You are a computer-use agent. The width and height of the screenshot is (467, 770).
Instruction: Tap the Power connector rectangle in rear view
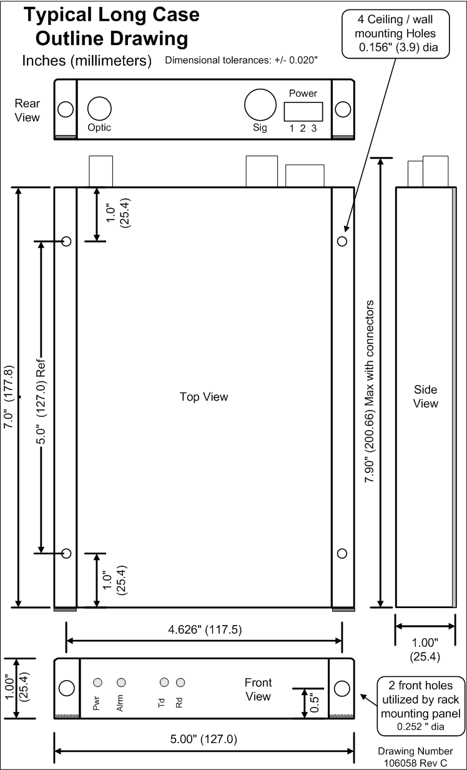pyautogui.click(x=303, y=111)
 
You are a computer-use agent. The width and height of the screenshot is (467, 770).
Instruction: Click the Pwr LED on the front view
pyautogui.click(x=98, y=682)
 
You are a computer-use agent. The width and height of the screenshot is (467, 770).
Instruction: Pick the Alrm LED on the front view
pyautogui.click(x=121, y=682)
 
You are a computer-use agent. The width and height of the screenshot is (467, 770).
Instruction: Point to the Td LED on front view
pyautogui.click(x=164, y=682)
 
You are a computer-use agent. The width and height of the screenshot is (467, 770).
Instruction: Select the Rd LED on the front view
pyautogui.click(x=180, y=682)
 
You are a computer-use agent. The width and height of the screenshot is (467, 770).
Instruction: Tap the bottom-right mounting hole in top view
pyautogui.click(x=342, y=553)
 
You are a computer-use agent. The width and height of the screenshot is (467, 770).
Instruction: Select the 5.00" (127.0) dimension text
pyautogui.click(x=204, y=739)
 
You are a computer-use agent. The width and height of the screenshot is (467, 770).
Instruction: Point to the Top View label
pyautogui.click(x=204, y=396)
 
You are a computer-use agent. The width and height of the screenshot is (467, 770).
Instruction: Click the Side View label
pyautogui.click(x=426, y=396)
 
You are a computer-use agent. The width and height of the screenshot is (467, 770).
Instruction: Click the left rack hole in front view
pyautogui.click(x=66, y=688)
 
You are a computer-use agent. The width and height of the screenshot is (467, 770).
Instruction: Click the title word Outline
pyautogui.click(x=77, y=39)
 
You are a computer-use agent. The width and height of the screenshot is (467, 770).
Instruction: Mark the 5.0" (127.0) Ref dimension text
pyautogui.click(x=42, y=396)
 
